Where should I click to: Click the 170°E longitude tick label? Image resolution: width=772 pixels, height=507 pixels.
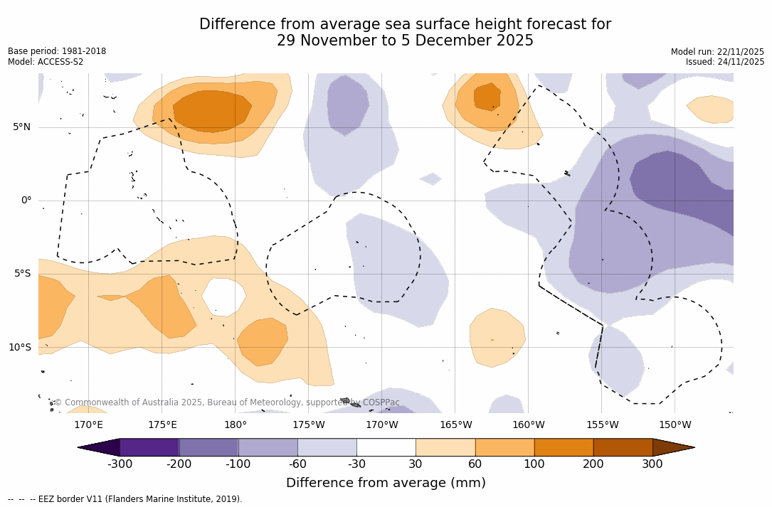88,425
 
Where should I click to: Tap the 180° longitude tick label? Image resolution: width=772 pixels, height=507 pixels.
236,425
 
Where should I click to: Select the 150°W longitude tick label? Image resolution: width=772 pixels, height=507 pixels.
675,425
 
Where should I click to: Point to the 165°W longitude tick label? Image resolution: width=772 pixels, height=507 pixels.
455,425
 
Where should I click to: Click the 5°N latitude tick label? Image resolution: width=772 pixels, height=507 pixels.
21,127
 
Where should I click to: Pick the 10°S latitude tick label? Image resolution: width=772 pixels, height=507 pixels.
19,348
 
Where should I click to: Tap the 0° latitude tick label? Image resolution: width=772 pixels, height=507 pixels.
26,201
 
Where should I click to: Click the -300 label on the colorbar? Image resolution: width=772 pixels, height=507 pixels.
120,464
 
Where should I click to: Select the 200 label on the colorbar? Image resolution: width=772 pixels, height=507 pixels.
593,464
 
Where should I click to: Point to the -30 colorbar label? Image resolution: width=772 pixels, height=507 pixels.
356,464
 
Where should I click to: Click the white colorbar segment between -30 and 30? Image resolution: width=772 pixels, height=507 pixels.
386,447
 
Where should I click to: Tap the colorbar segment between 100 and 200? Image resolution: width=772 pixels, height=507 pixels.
564,447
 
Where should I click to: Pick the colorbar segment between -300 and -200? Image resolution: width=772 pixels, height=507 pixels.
149,447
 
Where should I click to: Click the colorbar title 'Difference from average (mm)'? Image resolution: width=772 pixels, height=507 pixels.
386,484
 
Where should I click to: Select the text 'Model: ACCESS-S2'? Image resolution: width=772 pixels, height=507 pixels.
46,62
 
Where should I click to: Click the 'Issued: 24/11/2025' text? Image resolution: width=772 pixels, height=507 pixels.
724,62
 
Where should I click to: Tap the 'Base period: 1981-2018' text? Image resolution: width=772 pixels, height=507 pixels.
57,51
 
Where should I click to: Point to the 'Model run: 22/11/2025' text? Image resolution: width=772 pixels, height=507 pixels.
717,52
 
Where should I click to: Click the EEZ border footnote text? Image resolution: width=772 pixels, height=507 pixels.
125,499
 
